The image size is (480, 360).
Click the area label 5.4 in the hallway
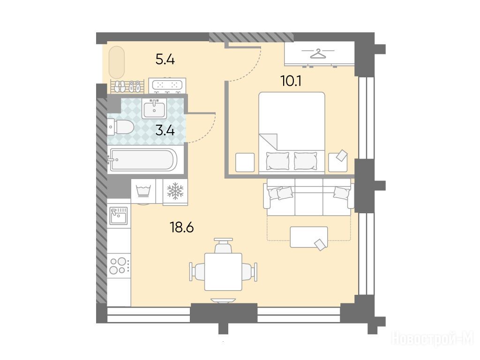tap(165, 59)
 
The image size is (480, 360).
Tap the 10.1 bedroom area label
tap(291, 81)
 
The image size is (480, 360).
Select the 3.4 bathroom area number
tap(165, 131)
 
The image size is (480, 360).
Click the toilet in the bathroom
tap(120, 127)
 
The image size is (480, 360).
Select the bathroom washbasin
tap(154, 108)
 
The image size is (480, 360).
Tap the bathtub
tap(142, 159)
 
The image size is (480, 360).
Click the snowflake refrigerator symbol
tap(175, 191)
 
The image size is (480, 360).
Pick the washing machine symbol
tap(143, 192)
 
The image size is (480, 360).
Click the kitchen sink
tap(119, 216)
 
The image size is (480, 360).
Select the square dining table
tap(223, 272)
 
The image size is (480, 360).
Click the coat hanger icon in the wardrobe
tap(318, 53)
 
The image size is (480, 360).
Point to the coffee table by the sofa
tap(309, 237)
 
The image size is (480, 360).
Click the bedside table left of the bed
tap(245, 162)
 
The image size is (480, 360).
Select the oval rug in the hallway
tap(117, 62)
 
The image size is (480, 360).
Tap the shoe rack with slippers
tap(127, 86)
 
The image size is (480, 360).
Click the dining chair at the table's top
tap(223, 246)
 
